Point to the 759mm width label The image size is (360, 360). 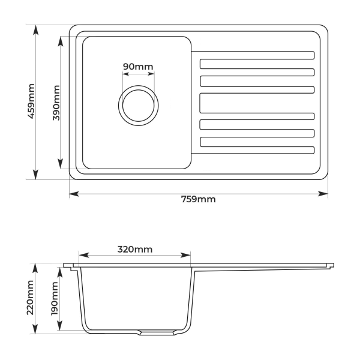198,200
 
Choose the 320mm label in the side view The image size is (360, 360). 135,248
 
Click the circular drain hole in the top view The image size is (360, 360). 139,104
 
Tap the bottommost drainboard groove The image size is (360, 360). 256,149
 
